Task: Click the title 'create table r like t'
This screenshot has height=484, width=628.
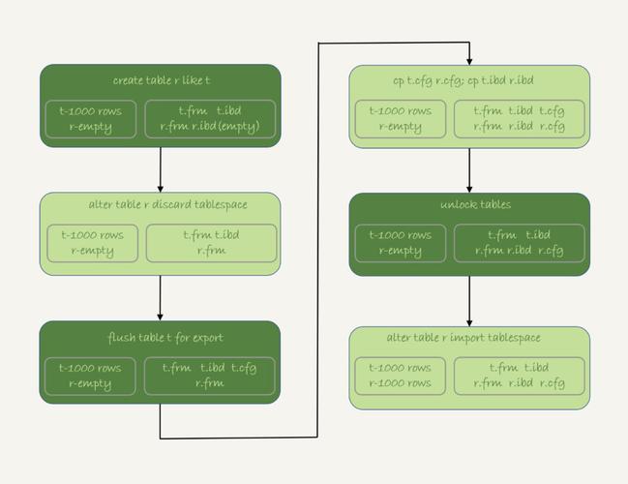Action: (x=160, y=79)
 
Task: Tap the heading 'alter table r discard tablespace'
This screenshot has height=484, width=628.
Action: (x=160, y=205)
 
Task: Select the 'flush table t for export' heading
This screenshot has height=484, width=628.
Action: (x=160, y=337)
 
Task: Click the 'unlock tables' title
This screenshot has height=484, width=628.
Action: (x=469, y=205)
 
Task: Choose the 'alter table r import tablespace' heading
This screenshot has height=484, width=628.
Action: (x=469, y=337)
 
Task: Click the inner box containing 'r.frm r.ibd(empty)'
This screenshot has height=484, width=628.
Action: (x=211, y=118)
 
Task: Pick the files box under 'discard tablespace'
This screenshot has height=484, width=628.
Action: (x=211, y=243)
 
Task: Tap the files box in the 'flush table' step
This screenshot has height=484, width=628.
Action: (x=211, y=376)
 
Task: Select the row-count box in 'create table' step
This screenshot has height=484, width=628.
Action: (x=91, y=118)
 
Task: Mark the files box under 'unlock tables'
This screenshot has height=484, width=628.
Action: (x=520, y=243)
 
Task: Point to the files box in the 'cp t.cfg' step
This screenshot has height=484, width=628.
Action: (x=520, y=118)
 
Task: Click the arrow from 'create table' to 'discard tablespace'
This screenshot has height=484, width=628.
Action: (x=160, y=169)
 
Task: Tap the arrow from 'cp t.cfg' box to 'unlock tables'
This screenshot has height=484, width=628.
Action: (x=469, y=169)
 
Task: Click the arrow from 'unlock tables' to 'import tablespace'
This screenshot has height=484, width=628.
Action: (x=469, y=301)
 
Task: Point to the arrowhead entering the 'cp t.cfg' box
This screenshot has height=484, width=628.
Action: (x=469, y=60)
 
